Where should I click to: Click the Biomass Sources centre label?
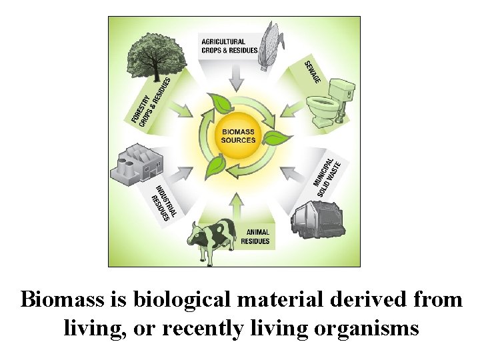pos(239,136)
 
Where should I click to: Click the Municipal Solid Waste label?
pos(327,173)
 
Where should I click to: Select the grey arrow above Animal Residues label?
pos(237,203)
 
